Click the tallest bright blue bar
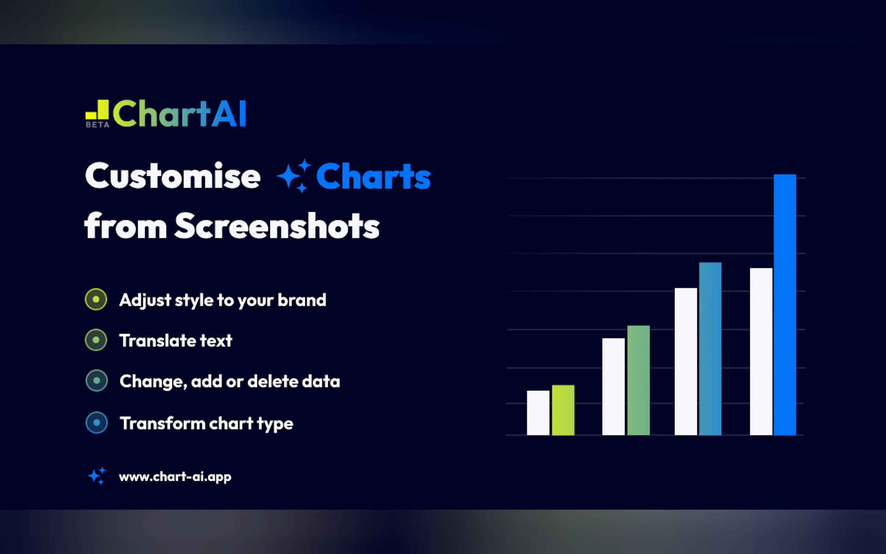pos(784,305)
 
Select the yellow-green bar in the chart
pos(563,410)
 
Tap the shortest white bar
pos(538,413)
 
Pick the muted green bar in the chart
pos(638,380)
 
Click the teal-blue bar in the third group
pos(710,349)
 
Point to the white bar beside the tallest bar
pos(761,352)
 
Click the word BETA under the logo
pos(97,125)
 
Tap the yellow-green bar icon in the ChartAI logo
pos(97,110)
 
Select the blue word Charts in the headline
pos(374,176)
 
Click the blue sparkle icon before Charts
pos(294,176)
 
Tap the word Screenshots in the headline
pos(277,226)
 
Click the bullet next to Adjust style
pos(96,299)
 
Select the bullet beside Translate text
pos(96,340)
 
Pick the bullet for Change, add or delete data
pos(96,381)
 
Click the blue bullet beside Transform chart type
pos(97,422)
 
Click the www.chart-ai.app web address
pos(175,477)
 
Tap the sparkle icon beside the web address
pos(97,476)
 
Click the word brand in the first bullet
pos(302,300)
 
